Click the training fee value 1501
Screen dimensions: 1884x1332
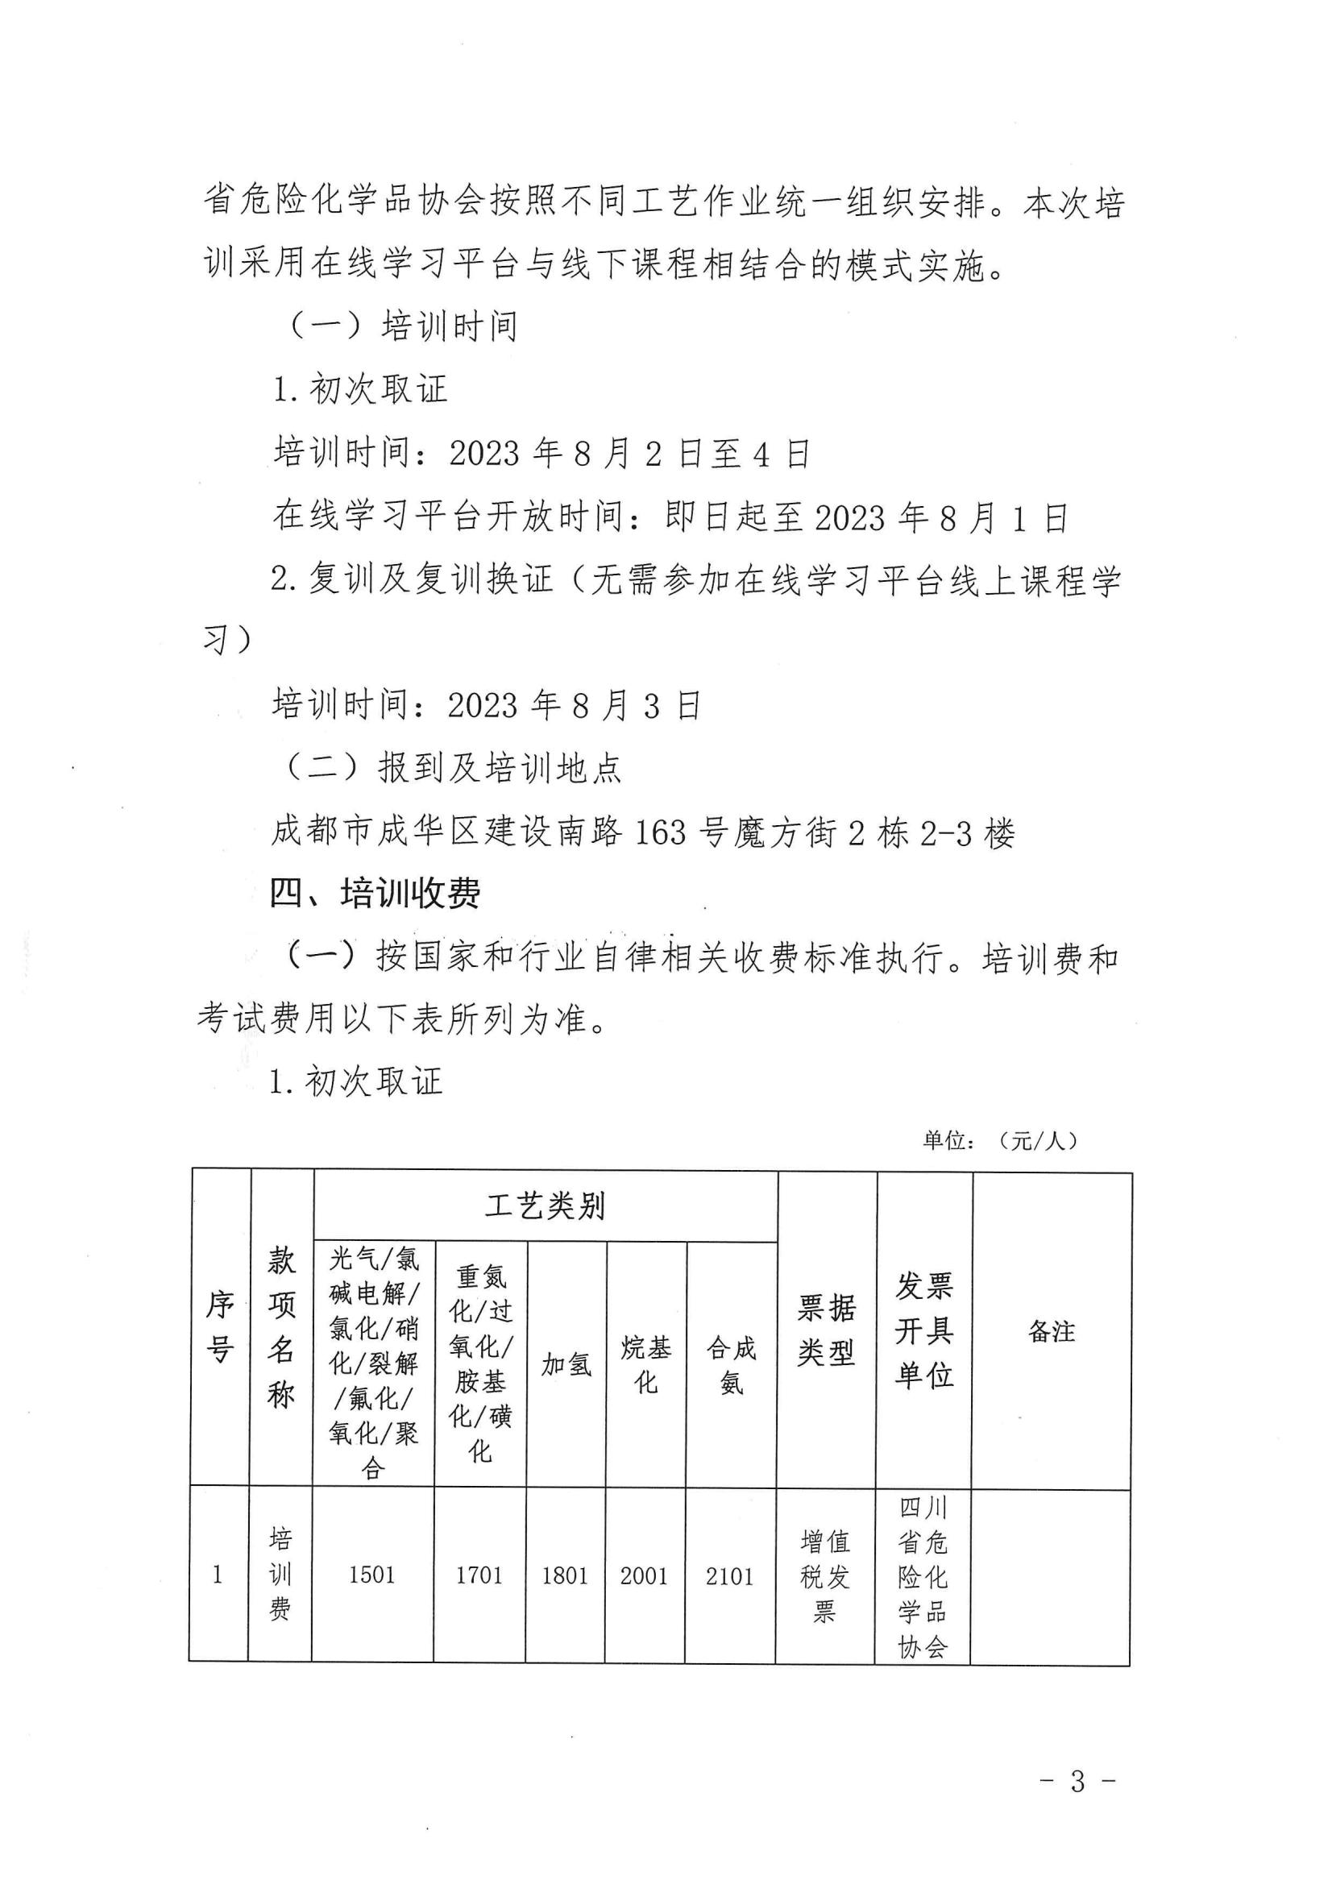pyautogui.click(x=371, y=1575)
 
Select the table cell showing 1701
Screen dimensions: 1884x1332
pyautogui.click(x=479, y=1575)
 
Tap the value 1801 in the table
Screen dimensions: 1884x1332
pyautogui.click(x=565, y=1576)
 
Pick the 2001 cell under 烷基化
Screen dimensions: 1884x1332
pyautogui.click(x=645, y=1576)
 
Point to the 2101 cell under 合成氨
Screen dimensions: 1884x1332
pyautogui.click(x=729, y=1576)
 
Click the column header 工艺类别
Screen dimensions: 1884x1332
pyautogui.click(x=545, y=1206)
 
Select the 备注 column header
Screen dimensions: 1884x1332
pyautogui.click(x=1052, y=1331)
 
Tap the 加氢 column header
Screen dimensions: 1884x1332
pyautogui.click(x=566, y=1363)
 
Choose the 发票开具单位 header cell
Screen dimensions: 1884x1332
pyautogui.click(x=924, y=1330)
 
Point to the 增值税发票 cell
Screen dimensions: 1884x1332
pyautogui.click(x=825, y=1576)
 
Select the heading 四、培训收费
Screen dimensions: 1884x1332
pyautogui.click(x=375, y=894)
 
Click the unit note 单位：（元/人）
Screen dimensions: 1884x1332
pyautogui.click(x=1000, y=1140)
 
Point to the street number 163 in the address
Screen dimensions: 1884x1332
pyautogui.click(x=661, y=834)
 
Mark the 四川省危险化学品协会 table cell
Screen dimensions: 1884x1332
pyautogui.click(x=923, y=1576)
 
